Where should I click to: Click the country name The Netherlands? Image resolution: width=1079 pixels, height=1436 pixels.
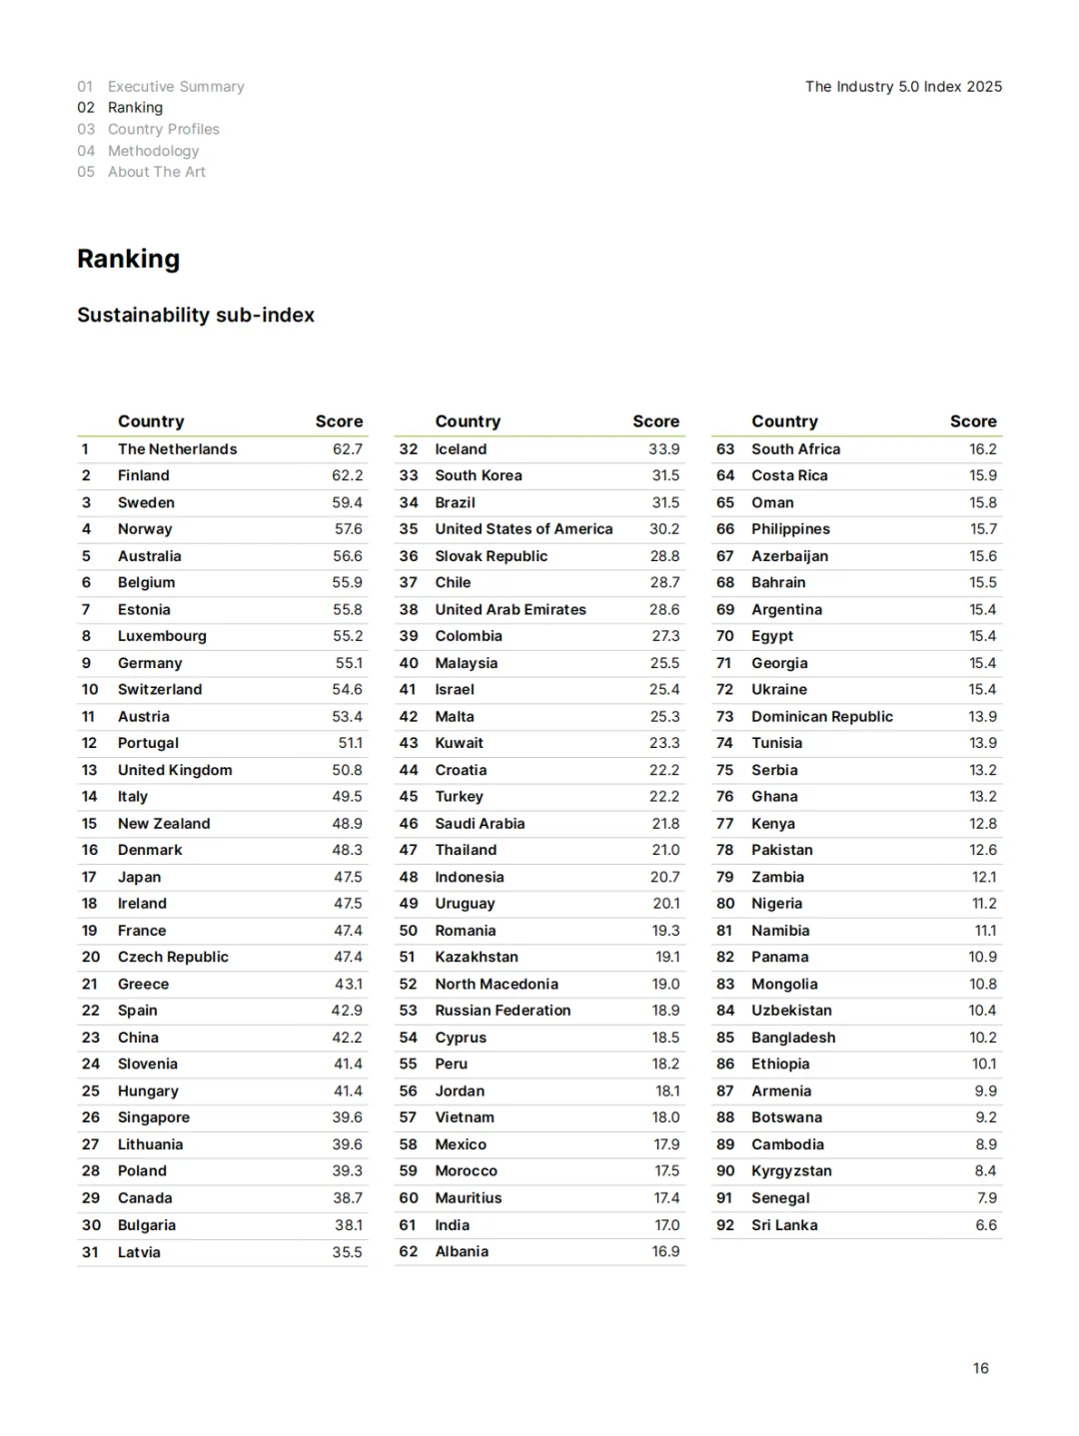tap(177, 449)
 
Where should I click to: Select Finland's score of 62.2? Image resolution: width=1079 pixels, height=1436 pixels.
tap(348, 475)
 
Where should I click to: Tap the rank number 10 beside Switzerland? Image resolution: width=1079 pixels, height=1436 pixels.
tap(90, 689)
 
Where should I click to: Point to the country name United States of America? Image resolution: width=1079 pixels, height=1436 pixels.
tap(524, 529)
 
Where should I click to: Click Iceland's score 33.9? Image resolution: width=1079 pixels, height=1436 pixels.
tap(664, 449)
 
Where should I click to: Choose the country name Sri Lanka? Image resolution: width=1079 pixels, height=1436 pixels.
tap(784, 1225)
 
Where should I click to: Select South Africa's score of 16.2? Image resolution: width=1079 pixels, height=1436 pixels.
tap(983, 449)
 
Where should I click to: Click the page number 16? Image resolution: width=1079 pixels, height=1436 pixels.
tap(981, 1368)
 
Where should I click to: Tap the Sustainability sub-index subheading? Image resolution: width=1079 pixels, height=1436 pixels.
tap(196, 315)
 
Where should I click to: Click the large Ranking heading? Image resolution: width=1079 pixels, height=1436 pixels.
tap(129, 259)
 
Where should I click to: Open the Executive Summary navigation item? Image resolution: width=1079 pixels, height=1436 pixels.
tap(176, 87)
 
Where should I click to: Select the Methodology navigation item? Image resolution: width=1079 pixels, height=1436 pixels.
tap(153, 151)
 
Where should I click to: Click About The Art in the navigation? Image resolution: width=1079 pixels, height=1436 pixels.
tap(157, 172)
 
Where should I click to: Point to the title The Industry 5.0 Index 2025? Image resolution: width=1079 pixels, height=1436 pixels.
tap(903, 87)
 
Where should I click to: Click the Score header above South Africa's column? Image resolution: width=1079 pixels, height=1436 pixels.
tap(973, 421)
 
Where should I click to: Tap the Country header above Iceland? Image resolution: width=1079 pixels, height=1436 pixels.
tap(468, 421)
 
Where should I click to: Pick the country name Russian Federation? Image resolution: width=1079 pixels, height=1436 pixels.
tap(503, 1011)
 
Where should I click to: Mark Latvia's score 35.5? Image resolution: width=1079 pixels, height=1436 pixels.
tap(348, 1252)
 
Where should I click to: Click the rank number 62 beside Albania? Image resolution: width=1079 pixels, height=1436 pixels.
tap(408, 1251)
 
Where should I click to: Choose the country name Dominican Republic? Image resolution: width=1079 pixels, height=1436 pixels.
tap(822, 716)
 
